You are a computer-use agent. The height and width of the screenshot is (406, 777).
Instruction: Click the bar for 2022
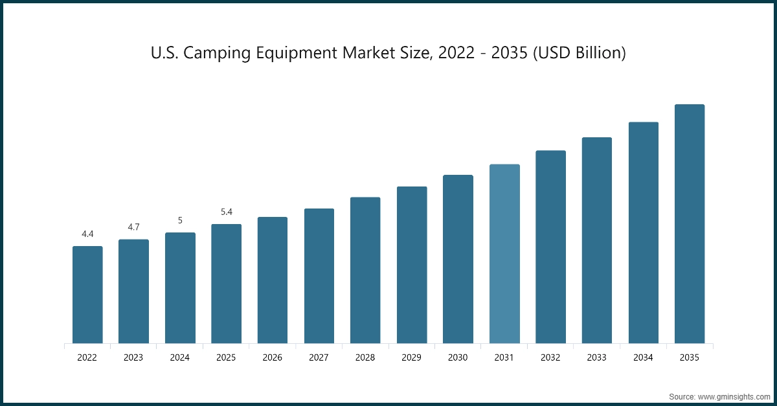coord(87,295)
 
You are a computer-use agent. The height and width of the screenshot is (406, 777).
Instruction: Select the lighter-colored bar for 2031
coord(504,254)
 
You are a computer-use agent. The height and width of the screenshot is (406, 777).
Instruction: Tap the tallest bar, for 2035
coord(690,224)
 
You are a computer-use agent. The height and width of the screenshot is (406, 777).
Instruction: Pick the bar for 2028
coord(365,270)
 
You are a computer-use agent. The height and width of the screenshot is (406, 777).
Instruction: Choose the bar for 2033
coord(597,240)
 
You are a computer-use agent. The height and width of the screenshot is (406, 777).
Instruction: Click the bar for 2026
coord(273,280)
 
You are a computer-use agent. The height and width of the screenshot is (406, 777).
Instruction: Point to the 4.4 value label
coord(87,234)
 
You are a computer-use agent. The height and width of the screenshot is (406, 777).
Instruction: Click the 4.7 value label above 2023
coord(133,227)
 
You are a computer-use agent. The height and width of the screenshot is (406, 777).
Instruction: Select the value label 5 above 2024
coord(180,220)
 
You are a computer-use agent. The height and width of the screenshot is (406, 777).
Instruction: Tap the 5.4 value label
coord(226,212)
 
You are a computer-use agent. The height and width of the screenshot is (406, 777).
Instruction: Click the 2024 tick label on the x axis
coord(180,357)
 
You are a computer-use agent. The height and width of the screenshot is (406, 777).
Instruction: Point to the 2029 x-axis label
coord(412,357)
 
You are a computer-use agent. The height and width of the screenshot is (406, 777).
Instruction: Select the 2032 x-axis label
coord(550,357)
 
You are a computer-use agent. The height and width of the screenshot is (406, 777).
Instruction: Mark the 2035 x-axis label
coord(690,357)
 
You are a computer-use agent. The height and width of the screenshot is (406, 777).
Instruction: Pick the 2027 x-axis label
coord(319,357)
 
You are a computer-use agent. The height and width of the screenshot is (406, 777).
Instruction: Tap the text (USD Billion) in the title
coord(580,53)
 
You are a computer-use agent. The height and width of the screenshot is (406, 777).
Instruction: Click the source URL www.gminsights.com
coord(733,396)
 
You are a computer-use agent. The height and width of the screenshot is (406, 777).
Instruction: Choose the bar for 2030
coord(458,259)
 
